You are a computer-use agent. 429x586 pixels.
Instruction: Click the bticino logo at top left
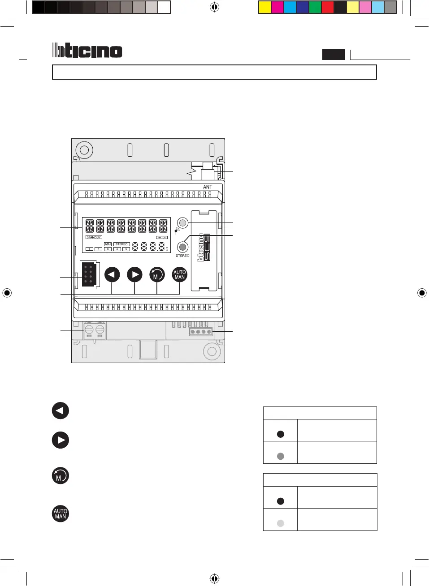coord(87,50)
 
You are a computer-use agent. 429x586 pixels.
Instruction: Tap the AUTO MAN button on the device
coord(179,274)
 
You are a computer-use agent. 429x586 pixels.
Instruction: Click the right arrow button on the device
coord(134,274)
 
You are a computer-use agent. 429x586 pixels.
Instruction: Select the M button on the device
coord(157,274)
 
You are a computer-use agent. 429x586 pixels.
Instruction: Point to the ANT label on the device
coord(208,187)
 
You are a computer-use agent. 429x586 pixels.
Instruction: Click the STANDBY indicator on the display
coord(94,237)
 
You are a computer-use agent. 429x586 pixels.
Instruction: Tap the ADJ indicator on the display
coord(108,244)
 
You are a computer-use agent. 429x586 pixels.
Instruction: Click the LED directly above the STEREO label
coord(182,247)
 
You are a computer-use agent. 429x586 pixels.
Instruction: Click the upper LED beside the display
coord(182,222)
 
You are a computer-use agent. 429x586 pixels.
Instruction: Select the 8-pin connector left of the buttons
coord(89,275)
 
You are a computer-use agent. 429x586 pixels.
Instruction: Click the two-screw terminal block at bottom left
coord(95,330)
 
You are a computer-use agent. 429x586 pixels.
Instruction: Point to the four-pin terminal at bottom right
coord(201,331)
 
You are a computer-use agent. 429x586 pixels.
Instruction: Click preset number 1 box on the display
coord(89,249)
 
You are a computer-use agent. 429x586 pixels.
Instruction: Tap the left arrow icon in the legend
coord(61,411)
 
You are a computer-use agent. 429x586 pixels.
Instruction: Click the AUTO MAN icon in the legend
coord(61,513)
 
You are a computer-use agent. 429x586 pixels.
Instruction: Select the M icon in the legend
coord(61,475)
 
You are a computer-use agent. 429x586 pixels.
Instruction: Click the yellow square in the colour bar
coord(265,7)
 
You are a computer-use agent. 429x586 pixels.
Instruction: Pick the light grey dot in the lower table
coord(281,523)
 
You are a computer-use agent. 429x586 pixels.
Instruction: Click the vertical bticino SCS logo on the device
coord(204,247)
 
